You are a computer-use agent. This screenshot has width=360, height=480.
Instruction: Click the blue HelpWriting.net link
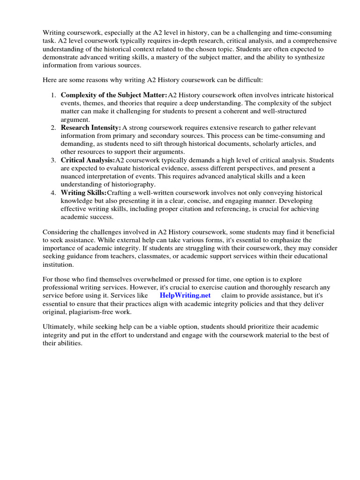click(x=185, y=295)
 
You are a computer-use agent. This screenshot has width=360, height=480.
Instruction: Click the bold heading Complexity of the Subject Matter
click(x=114, y=95)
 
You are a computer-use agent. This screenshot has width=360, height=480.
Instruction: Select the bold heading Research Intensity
click(x=91, y=127)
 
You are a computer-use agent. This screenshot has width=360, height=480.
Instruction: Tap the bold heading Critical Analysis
click(x=88, y=160)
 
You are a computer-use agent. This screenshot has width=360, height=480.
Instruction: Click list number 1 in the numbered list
click(x=53, y=95)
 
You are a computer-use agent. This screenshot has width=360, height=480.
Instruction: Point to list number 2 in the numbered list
click(x=53, y=127)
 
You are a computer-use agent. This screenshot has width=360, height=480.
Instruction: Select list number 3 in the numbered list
click(x=53, y=160)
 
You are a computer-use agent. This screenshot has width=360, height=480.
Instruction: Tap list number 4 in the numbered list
click(x=53, y=193)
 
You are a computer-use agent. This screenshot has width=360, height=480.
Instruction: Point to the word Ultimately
click(x=60, y=326)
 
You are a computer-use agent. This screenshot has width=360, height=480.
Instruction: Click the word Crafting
click(x=120, y=193)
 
